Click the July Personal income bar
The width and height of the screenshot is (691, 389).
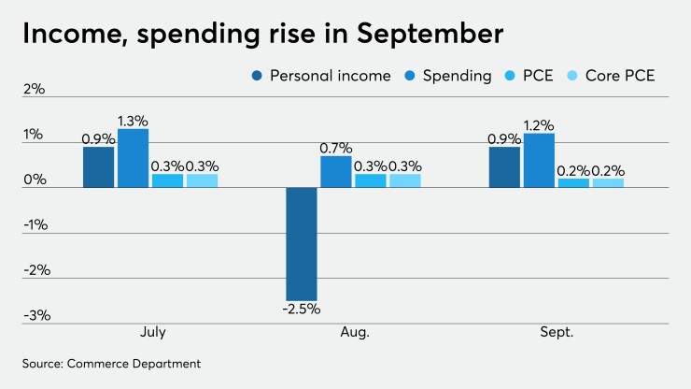[99, 167]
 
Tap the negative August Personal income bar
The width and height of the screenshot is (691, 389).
[302, 243]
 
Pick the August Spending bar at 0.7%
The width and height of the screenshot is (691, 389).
[336, 172]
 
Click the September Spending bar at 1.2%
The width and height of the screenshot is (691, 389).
[539, 161]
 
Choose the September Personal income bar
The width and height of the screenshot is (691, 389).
[504, 167]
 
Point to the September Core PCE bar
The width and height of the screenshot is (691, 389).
[608, 183]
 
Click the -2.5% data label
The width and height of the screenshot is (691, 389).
[302, 310]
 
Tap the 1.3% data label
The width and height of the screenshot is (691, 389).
[134, 121]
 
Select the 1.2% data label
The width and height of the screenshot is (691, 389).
[539, 125]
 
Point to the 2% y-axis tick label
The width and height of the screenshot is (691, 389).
[35, 90]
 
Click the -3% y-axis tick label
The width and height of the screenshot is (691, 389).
[35, 315]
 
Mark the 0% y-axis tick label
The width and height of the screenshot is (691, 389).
[35, 180]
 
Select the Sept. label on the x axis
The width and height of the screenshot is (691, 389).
[556, 333]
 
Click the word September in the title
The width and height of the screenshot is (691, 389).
[423, 35]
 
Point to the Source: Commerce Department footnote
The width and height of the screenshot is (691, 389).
[112, 362]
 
